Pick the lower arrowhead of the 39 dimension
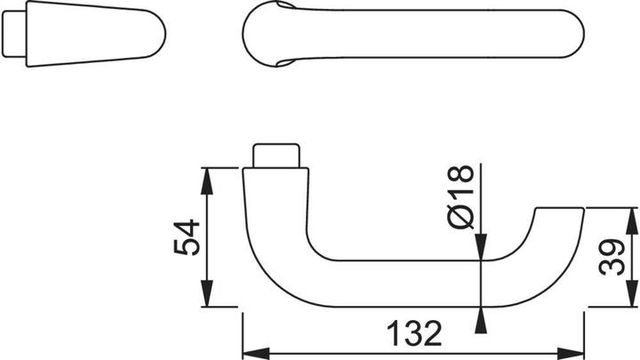(631, 299)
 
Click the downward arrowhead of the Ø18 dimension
(482, 252)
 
